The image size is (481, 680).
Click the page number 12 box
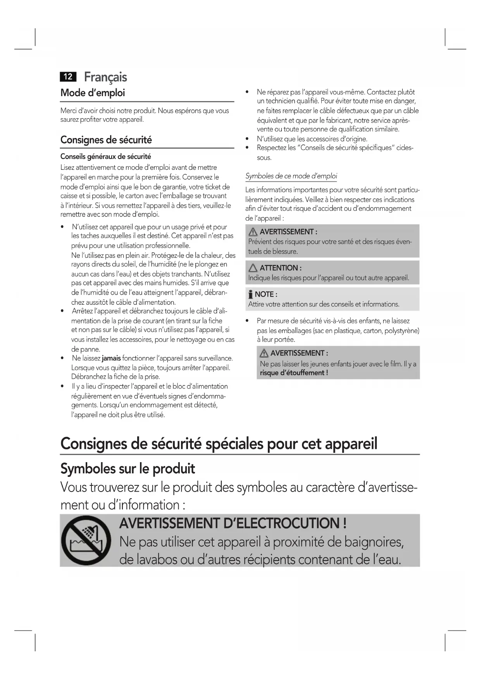[68, 77]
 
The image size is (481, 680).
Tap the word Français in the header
[105, 77]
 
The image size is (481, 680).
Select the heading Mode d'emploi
[93, 93]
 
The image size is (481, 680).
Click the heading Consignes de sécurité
[106, 140]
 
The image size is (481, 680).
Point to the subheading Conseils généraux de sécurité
[105, 157]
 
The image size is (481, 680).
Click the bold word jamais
[111, 358]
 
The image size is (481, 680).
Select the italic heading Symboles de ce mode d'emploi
[291, 176]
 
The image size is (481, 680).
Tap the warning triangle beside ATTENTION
[253, 268]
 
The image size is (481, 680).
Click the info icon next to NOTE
[251, 295]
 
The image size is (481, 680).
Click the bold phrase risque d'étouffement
[293, 373]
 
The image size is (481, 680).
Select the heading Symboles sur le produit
[128, 469]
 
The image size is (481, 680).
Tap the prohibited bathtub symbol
[86, 540]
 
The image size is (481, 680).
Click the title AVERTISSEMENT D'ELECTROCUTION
[233, 523]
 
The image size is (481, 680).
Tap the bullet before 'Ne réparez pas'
[247, 92]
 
